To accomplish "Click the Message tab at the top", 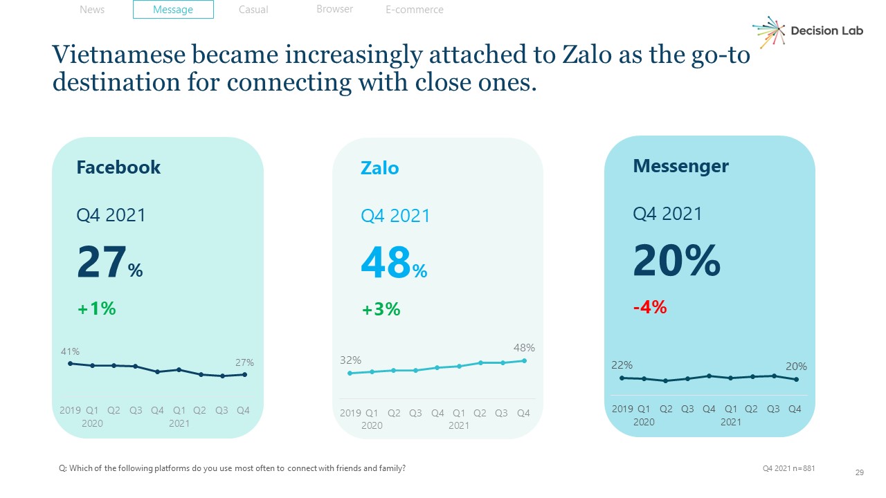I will point(173,10).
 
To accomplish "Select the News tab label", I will point(92,10).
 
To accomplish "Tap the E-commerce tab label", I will point(414,10).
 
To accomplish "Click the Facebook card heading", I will point(118,167).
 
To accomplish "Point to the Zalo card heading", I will point(379,168).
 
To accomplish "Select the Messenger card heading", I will point(680,166).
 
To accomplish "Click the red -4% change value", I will point(650,308).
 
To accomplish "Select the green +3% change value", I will point(381,309).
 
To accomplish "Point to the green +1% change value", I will point(96,308).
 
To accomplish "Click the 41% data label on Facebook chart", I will point(69,351).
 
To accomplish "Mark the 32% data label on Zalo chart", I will point(350,360).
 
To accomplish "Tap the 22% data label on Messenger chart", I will point(622,365).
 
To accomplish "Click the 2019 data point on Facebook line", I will point(70,363).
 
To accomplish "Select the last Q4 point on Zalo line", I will point(524,360).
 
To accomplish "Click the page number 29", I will point(860,472).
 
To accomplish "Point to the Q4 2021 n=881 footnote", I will point(788,468).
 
